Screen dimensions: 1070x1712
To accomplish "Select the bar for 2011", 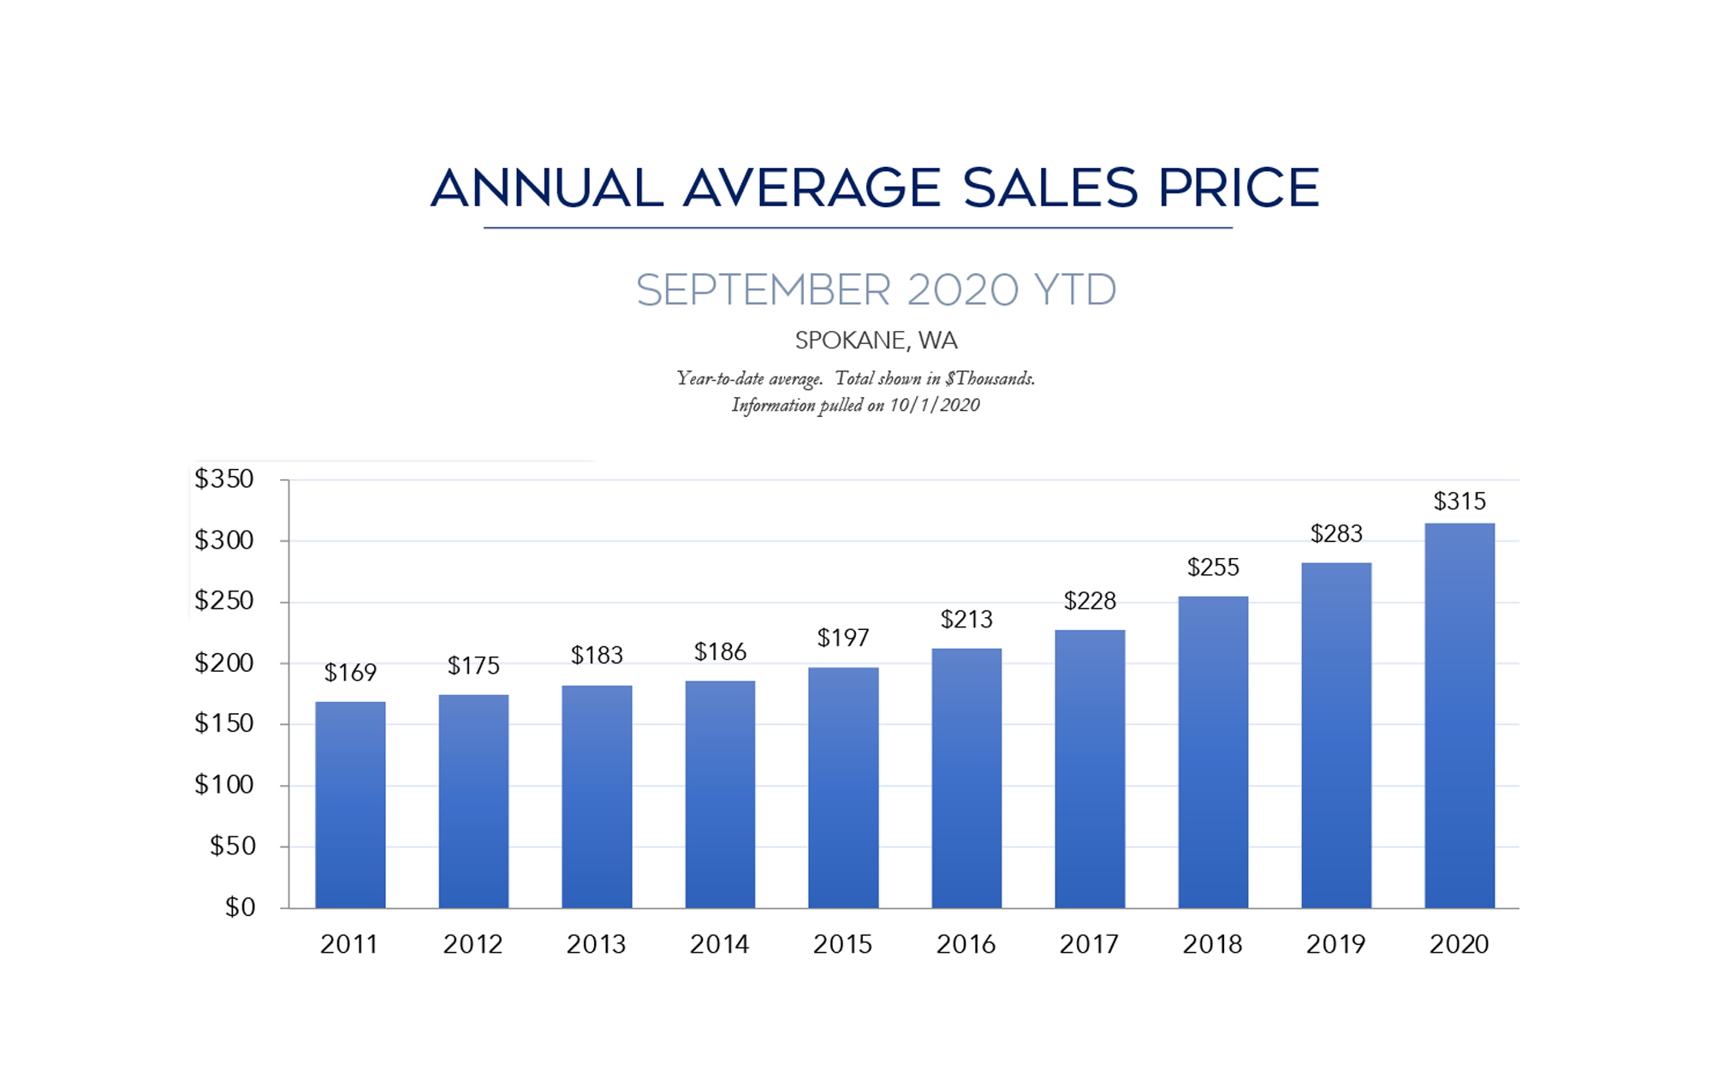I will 350,805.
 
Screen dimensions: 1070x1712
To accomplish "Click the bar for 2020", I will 1459,716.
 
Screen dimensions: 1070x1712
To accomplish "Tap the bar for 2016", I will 966,778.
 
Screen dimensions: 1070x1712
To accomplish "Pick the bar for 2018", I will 1213,752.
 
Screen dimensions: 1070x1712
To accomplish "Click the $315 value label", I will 1459,502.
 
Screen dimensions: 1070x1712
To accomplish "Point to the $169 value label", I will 350,673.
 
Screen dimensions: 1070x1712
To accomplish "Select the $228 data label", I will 1090,601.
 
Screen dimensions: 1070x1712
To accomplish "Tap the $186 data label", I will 720,652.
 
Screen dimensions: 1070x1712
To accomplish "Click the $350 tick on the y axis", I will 224,479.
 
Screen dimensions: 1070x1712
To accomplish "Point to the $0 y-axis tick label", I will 240,907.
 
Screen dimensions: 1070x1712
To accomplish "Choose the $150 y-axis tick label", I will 224,723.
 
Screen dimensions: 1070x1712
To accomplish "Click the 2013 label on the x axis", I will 596,944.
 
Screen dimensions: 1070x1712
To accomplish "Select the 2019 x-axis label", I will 1335,944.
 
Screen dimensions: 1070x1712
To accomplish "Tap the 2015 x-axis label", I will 842,944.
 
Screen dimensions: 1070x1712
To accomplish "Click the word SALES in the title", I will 1050,188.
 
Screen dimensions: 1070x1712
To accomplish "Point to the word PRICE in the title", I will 1239,188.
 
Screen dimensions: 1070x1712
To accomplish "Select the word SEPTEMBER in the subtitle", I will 764,290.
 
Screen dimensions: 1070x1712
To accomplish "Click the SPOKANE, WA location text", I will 876,341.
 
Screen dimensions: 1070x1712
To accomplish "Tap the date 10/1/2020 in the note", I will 934,405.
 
